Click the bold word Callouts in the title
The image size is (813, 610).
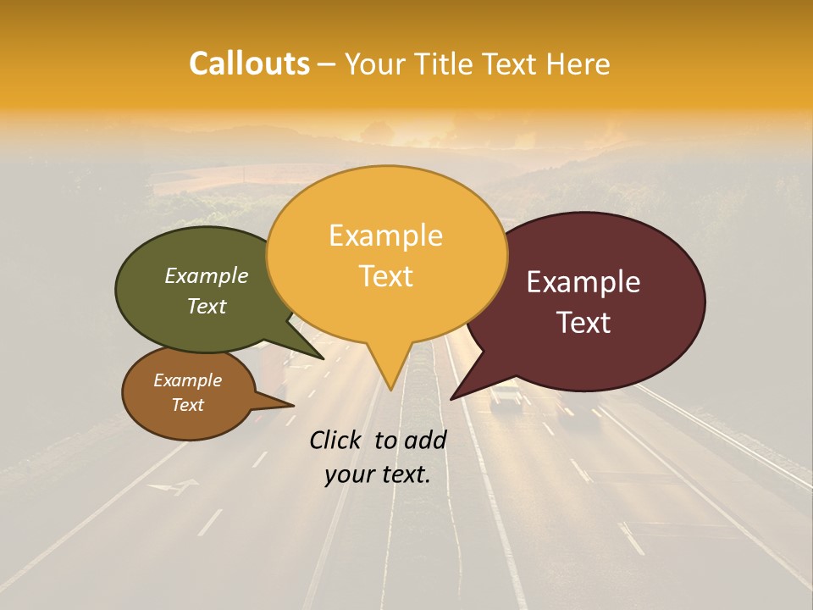(x=249, y=64)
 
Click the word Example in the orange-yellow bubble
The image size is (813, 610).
(x=385, y=236)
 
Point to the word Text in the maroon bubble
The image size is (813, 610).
(x=583, y=323)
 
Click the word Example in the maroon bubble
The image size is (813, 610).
(x=583, y=282)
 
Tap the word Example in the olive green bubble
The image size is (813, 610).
(x=206, y=276)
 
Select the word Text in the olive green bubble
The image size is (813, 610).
(x=206, y=307)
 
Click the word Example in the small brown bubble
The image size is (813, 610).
(x=187, y=380)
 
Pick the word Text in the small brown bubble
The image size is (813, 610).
(x=187, y=405)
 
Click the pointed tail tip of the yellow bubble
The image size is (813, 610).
(x=390, y=389)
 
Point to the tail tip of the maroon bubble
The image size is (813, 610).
(x=452, y=398)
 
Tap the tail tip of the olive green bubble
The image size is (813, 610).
(x=323, y=358)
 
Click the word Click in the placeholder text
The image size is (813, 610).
(x=337, y=440)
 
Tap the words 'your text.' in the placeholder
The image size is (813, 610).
(x=377, y=474)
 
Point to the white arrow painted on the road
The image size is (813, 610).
(x=174, y=487)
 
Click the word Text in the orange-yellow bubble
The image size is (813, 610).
(x=385, y=276)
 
